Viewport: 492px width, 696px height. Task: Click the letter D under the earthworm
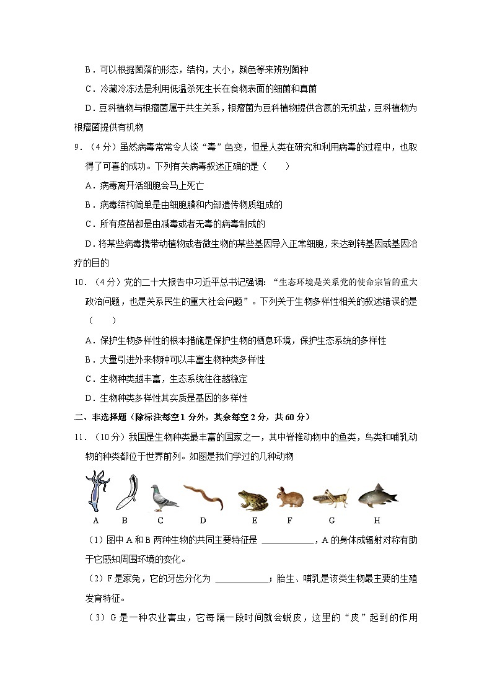[203, 521]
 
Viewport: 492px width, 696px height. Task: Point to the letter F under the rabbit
[289, 521]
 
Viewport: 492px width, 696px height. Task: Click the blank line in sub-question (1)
[288, 540]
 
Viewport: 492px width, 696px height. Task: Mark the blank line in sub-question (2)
[242, 579]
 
